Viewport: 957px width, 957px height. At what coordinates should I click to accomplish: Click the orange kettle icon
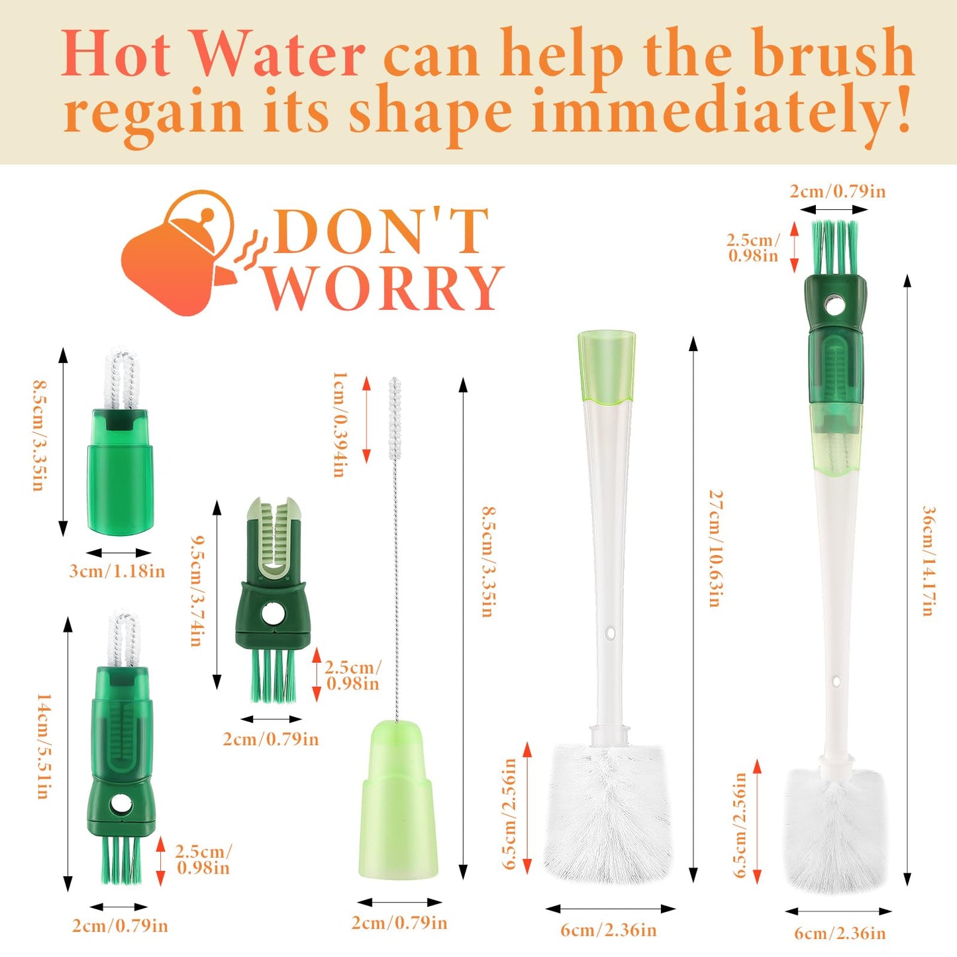[179, 255]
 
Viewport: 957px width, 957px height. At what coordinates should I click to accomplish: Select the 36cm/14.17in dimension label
[929, 561]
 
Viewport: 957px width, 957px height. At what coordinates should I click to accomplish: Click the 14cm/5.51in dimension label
[43, 746]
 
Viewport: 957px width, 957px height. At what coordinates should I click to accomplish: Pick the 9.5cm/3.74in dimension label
[196, 591]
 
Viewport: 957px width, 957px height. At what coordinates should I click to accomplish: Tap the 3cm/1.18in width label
[117, 571]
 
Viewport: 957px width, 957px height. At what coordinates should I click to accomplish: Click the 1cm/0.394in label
[338, 424]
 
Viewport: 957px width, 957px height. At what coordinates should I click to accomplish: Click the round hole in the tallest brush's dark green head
[834, 307]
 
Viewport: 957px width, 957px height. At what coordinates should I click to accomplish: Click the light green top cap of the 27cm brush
[607, 368]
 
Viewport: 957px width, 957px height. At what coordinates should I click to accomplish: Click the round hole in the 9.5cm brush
[272, 615]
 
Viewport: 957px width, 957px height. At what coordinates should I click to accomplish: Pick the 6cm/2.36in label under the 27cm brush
[609, 930]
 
